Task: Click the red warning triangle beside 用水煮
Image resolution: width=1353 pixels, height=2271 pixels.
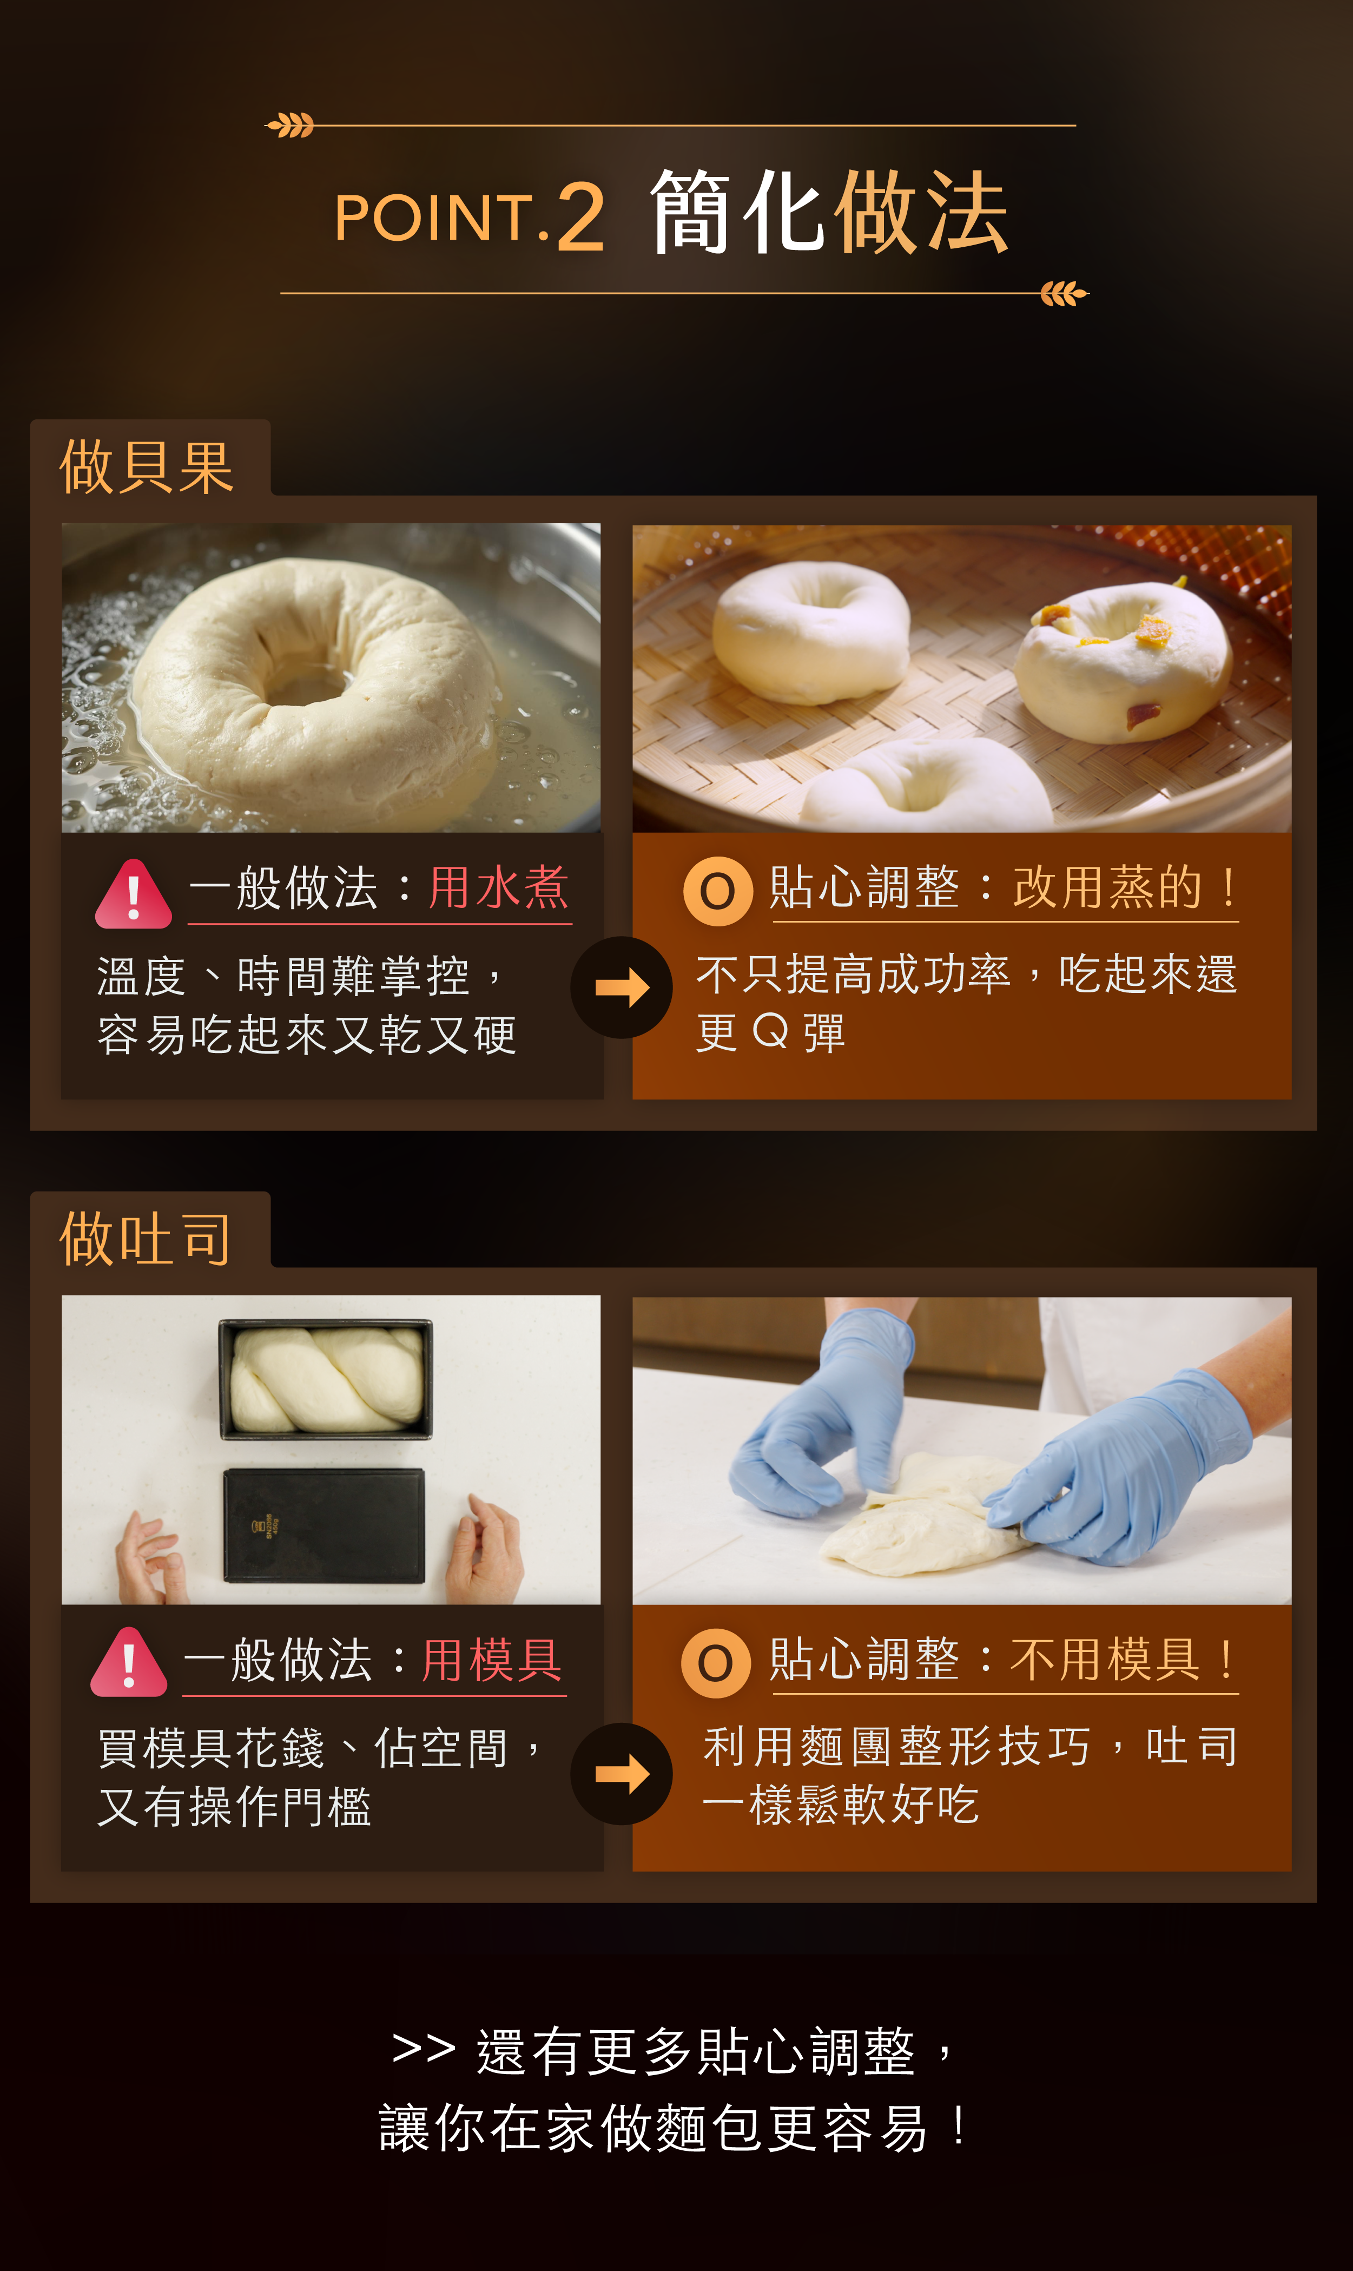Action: pyautogui.click(x=133, y=894)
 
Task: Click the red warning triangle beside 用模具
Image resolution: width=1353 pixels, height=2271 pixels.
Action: pyautogui.click(x=129, y=1663)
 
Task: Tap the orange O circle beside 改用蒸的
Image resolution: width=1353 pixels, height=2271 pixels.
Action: pyautogui.click(x=717, y=891)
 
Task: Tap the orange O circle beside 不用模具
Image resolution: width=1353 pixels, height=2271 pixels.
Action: pyautogui.click(x=716, y=1663)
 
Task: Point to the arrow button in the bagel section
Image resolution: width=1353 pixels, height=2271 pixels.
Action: pyautogui.click(x=622, y=988)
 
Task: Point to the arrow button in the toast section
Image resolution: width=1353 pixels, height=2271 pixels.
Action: pyautogui.click(x=622, y=1773)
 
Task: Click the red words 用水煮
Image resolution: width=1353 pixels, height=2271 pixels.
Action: pyautogui.click(x=499, y=887)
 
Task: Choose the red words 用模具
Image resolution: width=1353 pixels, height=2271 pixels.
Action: pyautogui.click(x=492, y=1659)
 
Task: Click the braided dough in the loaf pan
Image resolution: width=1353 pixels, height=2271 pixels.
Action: pyautogui.click(x=326, y=1379)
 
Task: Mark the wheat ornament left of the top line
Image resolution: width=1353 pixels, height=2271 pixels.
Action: pyautogui.click(x=290, y=125)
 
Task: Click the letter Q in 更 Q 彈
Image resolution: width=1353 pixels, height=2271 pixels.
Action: pyautogui.click(x=770, y=1032)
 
